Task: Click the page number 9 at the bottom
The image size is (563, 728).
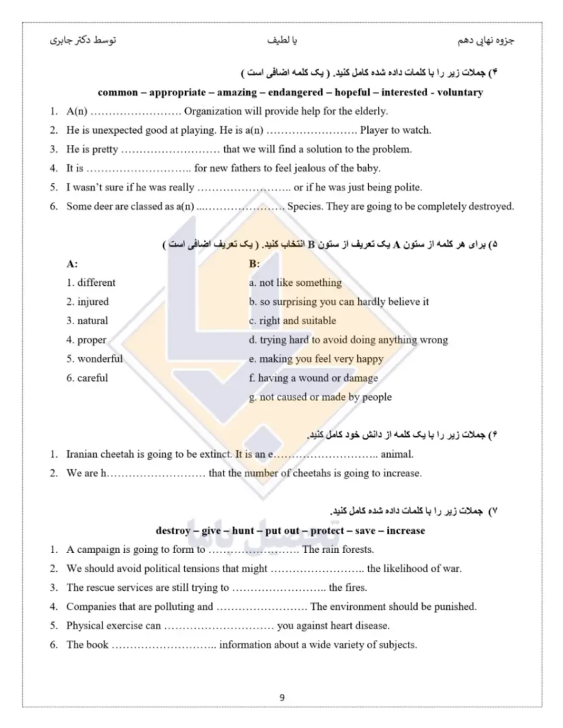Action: pos(282,697)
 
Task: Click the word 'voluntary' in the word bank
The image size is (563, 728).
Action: pos(457,92)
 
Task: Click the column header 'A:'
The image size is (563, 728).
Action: pos(72,263)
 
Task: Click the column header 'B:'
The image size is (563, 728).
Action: pos(255,263)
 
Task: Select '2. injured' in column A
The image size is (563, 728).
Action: pos(88,301)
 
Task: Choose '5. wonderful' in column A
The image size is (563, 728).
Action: pos(95,358)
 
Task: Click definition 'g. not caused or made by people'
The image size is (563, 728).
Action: pos(320,397)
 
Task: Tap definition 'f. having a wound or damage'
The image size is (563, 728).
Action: pos(314,378)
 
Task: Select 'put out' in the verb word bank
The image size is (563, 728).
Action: pos(282,530)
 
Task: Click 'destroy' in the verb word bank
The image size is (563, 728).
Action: pos(173,530)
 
